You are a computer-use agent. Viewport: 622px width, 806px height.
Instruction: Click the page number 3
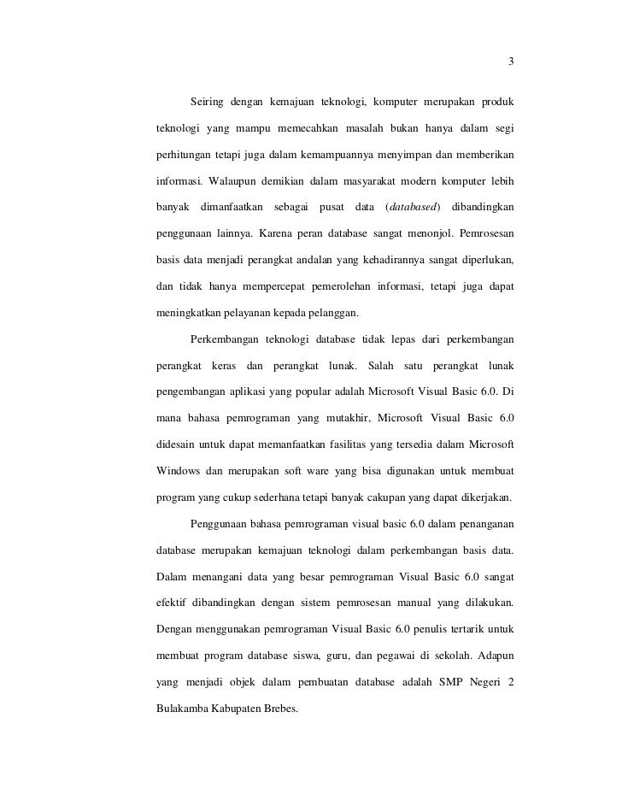[511, 62]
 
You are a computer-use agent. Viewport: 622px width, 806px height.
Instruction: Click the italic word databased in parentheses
[413, 209]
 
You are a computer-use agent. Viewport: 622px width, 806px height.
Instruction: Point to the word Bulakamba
[183, 708]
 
